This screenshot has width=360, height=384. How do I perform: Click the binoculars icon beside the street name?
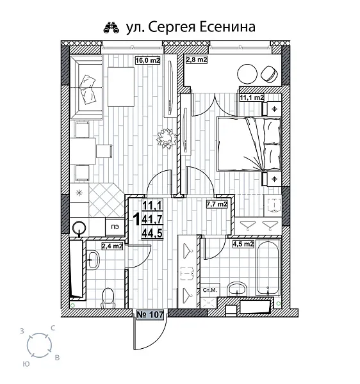coord(111,28)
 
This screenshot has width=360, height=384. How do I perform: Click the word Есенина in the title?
coord(225,27)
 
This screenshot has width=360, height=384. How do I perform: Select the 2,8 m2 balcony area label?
coord(197,60)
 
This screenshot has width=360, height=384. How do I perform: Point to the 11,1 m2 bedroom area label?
coord(252,98)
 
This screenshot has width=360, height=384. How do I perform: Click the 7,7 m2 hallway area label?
coord(216,205)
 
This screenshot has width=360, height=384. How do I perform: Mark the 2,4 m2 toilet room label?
coord(112,244)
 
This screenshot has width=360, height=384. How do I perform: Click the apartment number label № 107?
coord(149,314)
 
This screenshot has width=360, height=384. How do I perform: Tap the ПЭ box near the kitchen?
coord(115,227)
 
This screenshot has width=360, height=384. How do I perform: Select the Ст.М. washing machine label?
coord(209,291)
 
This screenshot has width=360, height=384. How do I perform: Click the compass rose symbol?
coord(40,346)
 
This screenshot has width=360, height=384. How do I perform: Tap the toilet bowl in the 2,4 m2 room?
coord(108,296)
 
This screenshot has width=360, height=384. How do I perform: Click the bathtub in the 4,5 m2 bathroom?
coord(265,267)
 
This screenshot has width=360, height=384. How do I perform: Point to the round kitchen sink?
coord(79,227)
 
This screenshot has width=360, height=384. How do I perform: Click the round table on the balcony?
coord(249,72)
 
